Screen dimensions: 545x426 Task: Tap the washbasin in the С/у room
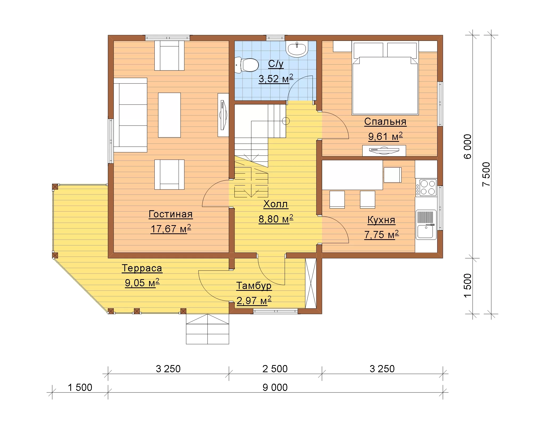(297, 49)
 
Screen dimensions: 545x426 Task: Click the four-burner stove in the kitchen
(426, 187)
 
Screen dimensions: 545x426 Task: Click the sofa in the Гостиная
(130, 115)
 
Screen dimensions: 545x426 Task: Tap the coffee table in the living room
(169, 115)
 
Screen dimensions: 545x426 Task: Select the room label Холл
(276, 204)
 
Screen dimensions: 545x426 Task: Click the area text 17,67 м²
(171, 229)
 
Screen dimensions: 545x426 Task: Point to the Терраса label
(142, 268)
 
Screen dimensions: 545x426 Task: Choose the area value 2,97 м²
(254, 301)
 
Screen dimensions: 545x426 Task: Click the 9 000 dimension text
(275, 387)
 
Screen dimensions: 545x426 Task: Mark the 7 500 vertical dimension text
(486, 174)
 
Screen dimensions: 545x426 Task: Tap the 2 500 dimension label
(275, 369)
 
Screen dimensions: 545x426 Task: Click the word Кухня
(381, 220)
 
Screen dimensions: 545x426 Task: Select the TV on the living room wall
(223, 115)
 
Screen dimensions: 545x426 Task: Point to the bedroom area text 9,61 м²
(385, 137)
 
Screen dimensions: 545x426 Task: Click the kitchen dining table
(353, 175)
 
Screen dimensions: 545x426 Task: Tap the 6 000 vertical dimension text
(468, 147)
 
